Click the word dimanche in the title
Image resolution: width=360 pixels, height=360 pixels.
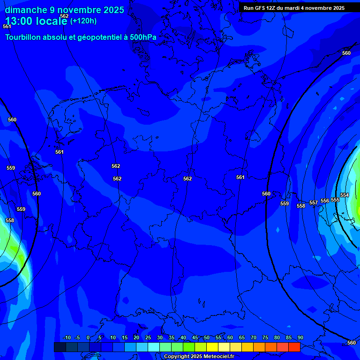coord(25,10)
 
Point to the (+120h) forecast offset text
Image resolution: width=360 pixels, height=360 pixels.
coord(83,21)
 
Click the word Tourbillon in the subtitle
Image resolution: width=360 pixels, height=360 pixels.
coord(23,37)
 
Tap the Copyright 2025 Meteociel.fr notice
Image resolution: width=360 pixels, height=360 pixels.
coord(199,357)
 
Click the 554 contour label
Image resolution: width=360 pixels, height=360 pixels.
coord(345,195)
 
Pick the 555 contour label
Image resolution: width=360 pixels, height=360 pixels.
coord(335,200)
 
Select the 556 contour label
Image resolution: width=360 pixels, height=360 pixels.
coord(325,201)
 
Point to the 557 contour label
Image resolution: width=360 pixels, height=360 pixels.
coord(314,202)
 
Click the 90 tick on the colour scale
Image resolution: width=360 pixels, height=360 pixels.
coord(300,338)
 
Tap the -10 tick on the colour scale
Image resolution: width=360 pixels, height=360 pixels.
coord(67,338)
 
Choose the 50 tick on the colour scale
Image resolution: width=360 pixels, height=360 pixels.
coord(207,338)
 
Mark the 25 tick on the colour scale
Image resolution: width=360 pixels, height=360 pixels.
coord(148,338)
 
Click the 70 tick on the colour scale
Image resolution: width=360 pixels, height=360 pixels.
coord(254,338)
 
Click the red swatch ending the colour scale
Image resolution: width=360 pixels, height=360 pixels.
coord(294,347)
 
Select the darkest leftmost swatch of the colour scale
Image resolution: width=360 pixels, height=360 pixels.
coord(60,347)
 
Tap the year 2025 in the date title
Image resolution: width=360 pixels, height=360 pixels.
coord(113,10)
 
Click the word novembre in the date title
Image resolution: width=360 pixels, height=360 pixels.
coord(76,10)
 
